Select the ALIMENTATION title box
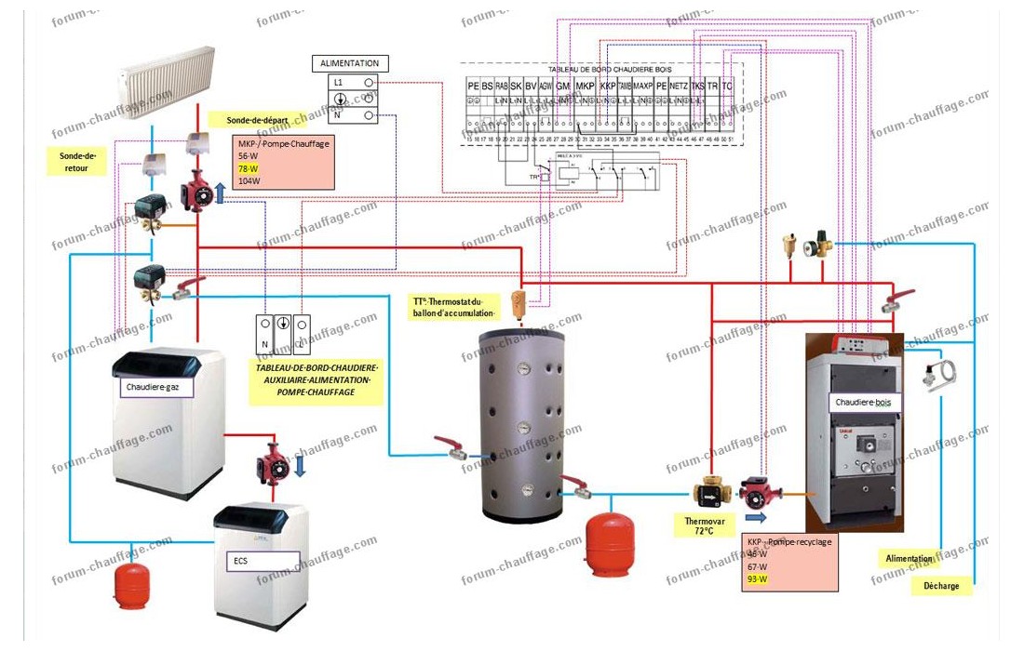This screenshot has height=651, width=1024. [350, 63]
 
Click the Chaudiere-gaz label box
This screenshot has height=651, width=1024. [154, 389]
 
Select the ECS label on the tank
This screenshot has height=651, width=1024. [262, 561]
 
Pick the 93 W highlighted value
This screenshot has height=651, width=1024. [758, 579]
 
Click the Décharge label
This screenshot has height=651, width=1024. [942, 586]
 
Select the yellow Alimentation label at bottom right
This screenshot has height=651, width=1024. [909, 559]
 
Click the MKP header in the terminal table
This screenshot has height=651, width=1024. [585, 86]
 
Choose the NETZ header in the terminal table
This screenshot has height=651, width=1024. [678, 86]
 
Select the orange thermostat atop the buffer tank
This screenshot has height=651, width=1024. [519, 301]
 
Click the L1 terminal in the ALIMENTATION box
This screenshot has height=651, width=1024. [340, 82]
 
